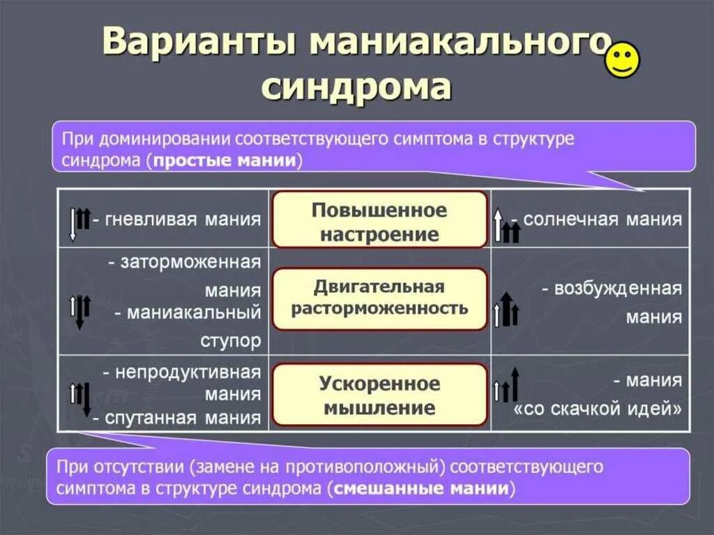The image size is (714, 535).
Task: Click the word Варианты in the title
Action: pos(200,43)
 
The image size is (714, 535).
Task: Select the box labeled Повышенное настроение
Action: pos(379,220)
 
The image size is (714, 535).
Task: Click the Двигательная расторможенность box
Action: pos(379,298)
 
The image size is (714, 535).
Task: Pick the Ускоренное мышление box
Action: pos(379,395)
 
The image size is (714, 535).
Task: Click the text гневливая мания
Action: pos(177,220)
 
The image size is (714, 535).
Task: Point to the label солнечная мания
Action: pos(602,220)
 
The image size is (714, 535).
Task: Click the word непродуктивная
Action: pos(188,372)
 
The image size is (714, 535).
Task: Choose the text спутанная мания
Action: pos(183,418)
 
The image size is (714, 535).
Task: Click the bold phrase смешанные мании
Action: pos(421,488)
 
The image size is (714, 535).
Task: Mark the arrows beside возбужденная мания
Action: pos(506,310)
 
